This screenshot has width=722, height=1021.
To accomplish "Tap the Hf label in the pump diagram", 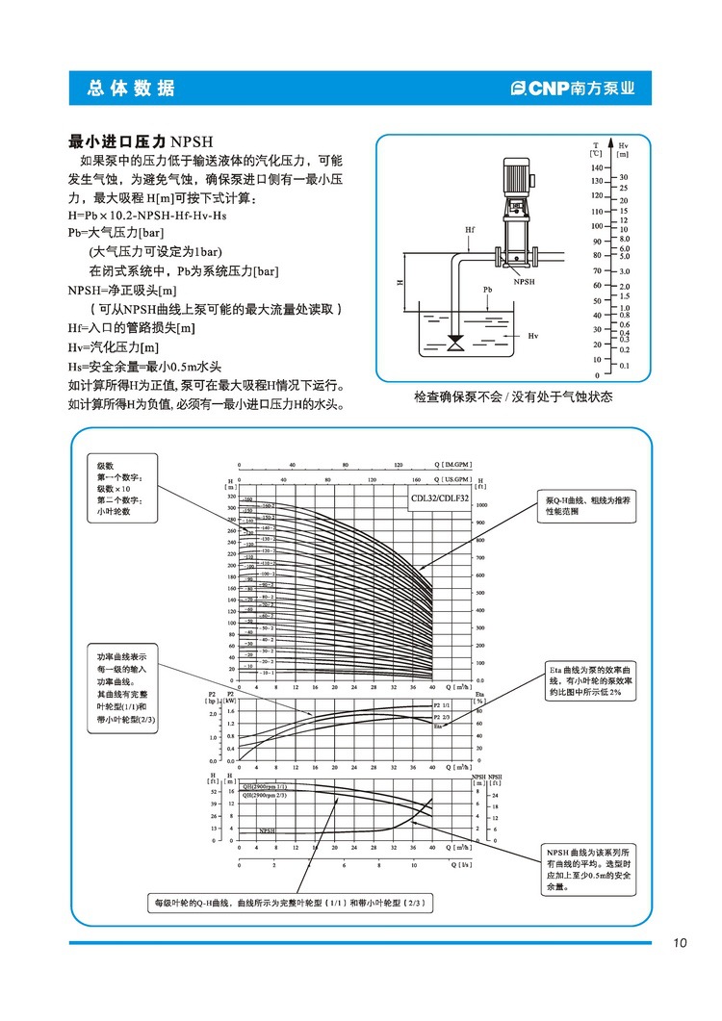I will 470,230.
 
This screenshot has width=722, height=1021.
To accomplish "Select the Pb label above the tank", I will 488,289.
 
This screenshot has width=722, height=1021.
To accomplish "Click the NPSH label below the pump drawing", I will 524,282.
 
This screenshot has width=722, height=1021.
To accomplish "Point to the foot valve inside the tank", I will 455,343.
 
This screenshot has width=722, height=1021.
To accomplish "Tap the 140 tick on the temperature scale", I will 597,166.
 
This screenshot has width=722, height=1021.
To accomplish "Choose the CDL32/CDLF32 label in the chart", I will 439,498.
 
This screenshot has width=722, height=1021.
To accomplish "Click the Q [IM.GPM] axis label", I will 455,463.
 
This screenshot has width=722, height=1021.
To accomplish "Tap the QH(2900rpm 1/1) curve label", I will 265,786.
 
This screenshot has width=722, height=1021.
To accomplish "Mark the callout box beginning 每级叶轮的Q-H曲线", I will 288,904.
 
